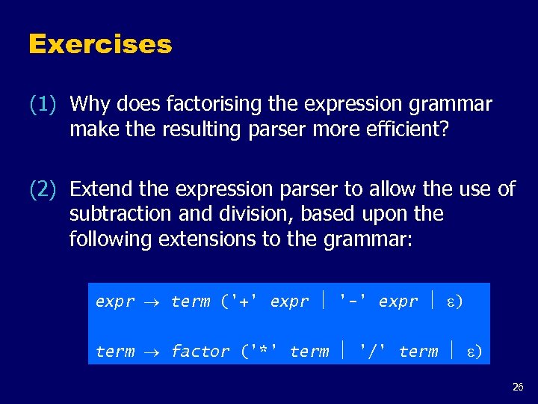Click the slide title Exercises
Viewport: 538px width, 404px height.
(x=100, y=45)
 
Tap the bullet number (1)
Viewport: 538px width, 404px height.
(x=43, y=104)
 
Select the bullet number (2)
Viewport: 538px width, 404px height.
(x=43, y=190)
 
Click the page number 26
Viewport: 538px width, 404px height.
(x=518, y=387)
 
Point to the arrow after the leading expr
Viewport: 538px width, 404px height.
(x=152, y=302)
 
